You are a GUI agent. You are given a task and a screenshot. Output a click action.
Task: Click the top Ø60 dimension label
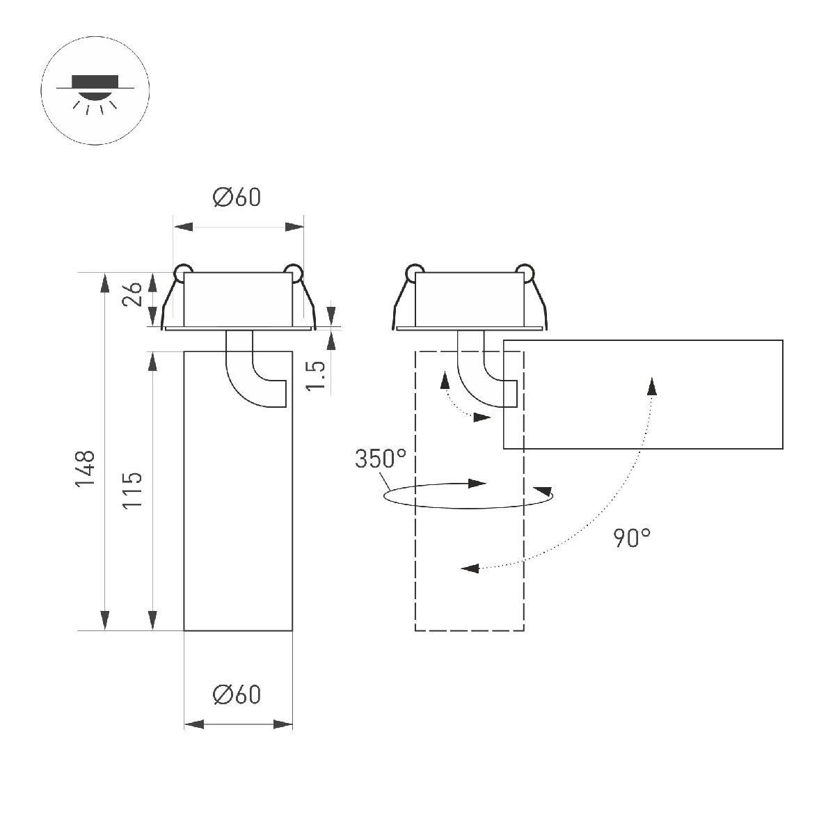[237, 198]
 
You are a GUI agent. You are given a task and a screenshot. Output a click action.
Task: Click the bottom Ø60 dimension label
[237, 694]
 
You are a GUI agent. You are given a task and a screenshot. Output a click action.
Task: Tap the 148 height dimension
[86, 468]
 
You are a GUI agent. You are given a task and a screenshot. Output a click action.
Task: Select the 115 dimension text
[133, 489]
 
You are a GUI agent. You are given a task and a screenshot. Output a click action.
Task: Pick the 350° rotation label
[380, 459]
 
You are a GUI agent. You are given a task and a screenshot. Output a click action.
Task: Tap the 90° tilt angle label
[632, 537]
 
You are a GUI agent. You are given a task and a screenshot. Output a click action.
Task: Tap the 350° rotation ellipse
[468, 495]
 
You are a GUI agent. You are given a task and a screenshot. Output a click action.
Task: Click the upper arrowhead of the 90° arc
[651, 385]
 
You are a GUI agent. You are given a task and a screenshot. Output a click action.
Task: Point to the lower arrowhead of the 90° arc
[472, 568]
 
